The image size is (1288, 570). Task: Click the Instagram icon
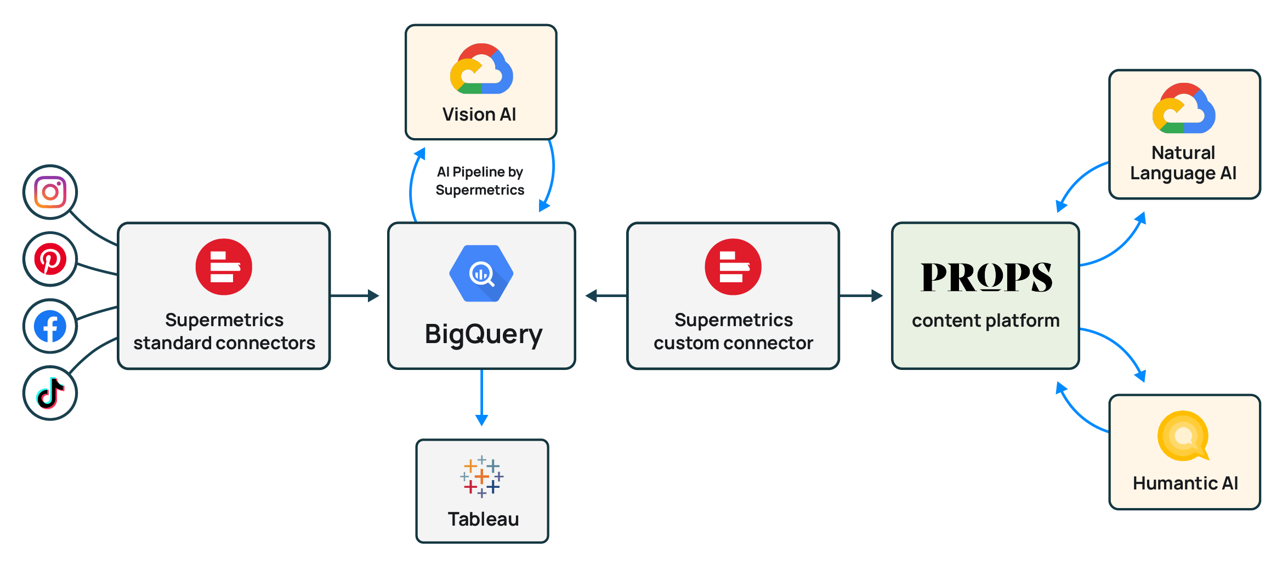(50, 192)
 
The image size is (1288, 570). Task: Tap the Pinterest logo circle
(50, 259)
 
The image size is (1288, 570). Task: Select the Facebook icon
(50, 327)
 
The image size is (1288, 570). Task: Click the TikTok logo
(50, 393)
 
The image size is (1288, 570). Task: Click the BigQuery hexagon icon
(481, 273)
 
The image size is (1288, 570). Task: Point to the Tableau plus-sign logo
(481, 476)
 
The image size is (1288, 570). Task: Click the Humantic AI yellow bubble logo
(1183, 436)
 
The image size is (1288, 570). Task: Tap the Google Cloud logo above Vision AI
(481, 69)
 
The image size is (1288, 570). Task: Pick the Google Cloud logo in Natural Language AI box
(1184, 109)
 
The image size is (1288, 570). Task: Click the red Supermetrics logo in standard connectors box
(224, 267)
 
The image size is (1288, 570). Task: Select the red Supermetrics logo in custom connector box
(733, 267)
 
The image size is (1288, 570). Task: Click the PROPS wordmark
(986, 277)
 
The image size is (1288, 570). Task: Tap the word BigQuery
(483, 334)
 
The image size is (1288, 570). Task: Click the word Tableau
(483, 519)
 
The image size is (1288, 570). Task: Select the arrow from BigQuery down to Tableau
(481, 397)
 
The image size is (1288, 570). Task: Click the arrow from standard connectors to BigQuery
(355, 296)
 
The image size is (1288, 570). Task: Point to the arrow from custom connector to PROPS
(861, 296)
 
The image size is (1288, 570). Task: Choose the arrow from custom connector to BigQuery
(606, 296)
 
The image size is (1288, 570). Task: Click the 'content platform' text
(985, 321)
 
